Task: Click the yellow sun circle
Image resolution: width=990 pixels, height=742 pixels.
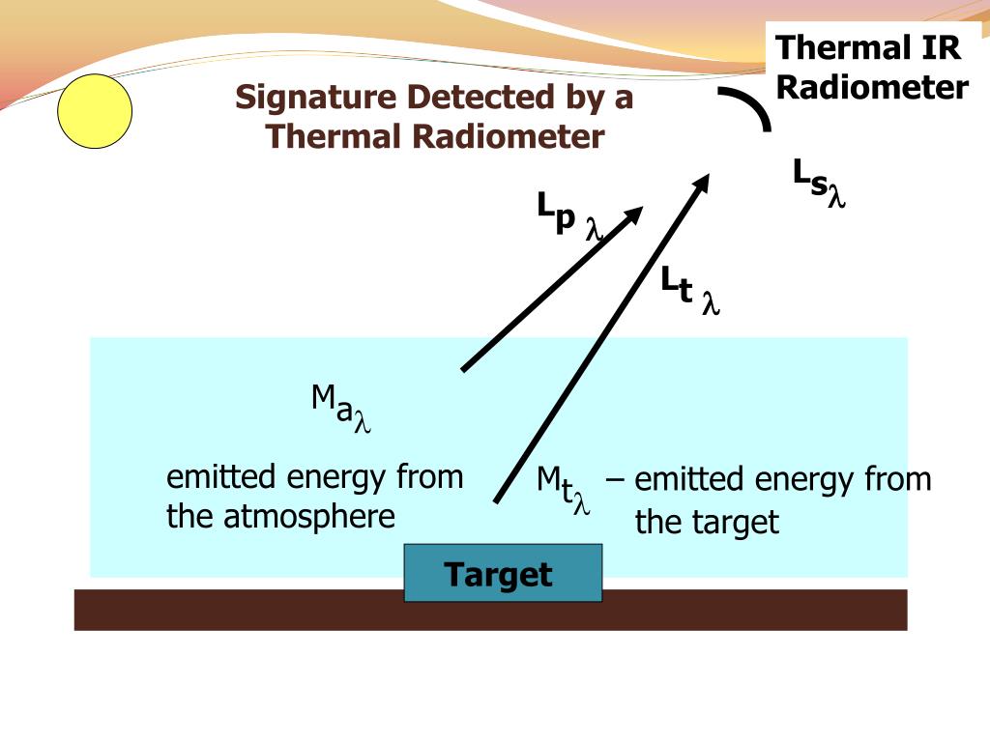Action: tap(95, 112)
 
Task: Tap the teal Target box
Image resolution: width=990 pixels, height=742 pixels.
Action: tap(503, 573)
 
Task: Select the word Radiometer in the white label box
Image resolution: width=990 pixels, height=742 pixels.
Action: tap(872, 88)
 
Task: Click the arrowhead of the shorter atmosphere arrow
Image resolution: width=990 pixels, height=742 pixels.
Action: tap(632, 214)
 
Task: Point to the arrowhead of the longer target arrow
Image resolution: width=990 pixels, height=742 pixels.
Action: tap(705, 183)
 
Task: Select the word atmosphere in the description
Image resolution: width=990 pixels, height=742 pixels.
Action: tap(309, 517)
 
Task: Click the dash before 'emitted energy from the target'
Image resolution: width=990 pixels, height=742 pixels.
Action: tap(616, 479)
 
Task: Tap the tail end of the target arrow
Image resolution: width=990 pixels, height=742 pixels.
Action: tap(497, 499)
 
